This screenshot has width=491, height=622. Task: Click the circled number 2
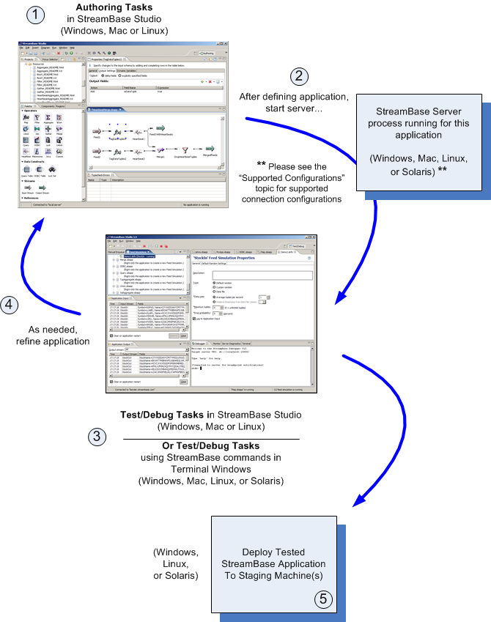(298, 76)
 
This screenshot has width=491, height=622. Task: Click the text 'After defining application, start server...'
(294, 103)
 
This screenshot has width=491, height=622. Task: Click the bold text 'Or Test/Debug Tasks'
(210, 446)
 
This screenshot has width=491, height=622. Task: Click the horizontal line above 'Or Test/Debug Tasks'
(210, 438)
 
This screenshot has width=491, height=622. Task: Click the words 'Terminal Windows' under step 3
(210, 470)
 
